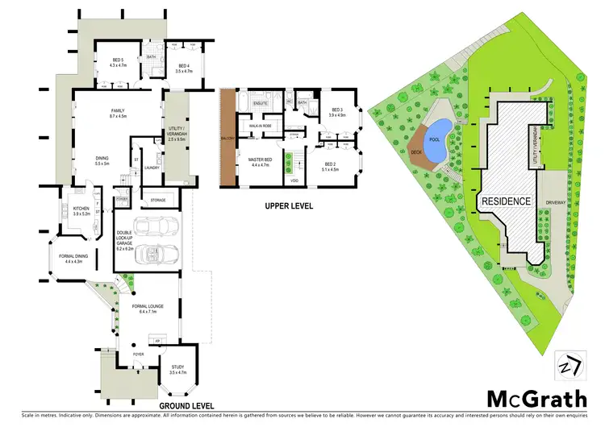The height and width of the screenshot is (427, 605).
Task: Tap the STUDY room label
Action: click(x=178, y=369)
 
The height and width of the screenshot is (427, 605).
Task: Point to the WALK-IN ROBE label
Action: click(x=260, y=126)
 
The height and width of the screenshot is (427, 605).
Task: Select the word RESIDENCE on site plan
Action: click(x=506, y=200)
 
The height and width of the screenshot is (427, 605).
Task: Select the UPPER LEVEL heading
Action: click(x=288, y=206)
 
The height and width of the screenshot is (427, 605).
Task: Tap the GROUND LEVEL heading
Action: click(x=185, y=404)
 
